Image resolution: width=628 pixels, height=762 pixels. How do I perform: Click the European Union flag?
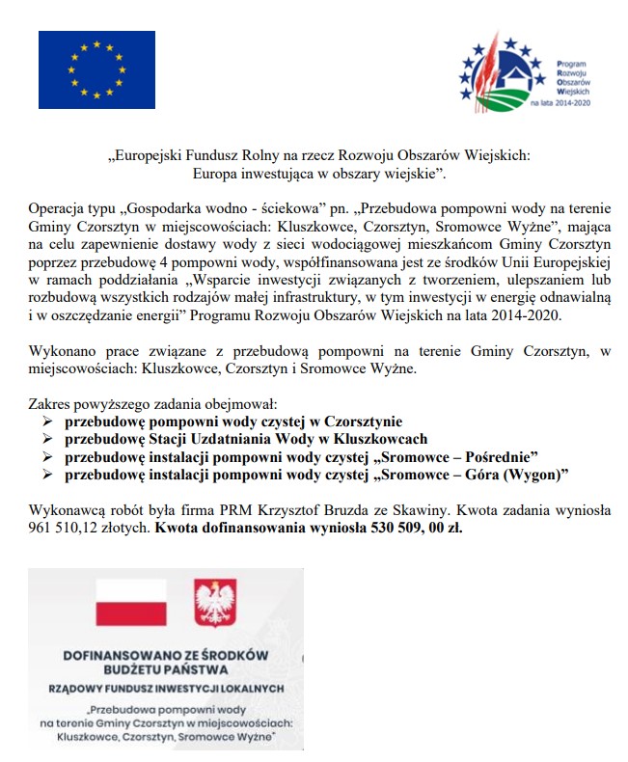(96, 69)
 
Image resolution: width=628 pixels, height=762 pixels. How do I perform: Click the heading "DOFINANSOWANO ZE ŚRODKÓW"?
(163, 653)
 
